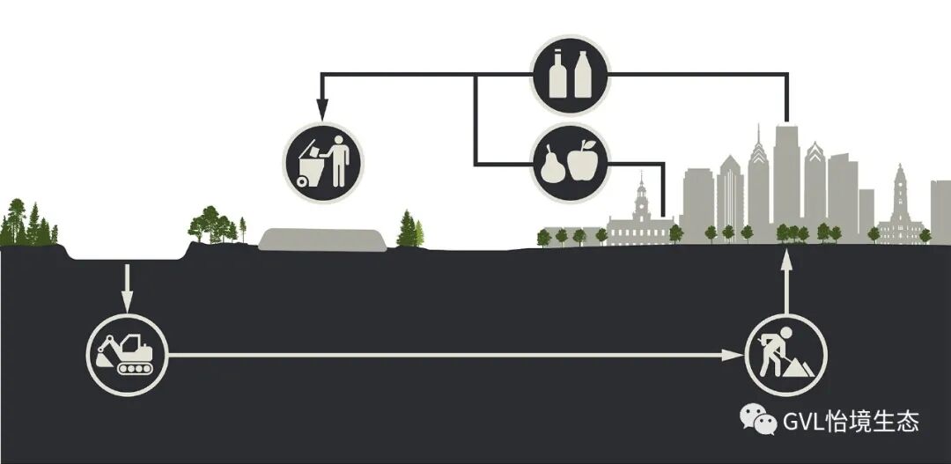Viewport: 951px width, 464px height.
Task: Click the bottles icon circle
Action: [x=569, y=75]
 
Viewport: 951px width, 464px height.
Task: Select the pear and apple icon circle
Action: [x=569, y=163]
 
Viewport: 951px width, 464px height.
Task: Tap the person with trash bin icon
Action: [x=322, y=161]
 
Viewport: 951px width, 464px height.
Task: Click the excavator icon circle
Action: [x=126, y=354]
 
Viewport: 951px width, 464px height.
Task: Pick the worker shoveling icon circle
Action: [x=785, y=354]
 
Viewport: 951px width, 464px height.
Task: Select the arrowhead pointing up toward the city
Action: [x=786, y=258]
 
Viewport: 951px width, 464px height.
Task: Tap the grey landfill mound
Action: [x=323, y=239]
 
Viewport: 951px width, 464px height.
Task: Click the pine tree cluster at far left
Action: [x=26, y=225]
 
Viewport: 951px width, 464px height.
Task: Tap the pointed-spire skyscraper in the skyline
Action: [x=758, y=180]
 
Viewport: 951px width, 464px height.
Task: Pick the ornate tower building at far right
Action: [x=899, y=207]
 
